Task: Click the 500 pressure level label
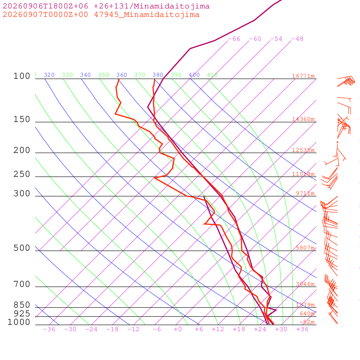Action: click(x=22, y=248)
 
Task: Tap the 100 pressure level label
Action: click(x=22, y=76)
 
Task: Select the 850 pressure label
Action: click(x=22, y=305)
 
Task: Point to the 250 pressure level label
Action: click(x=22, y=174)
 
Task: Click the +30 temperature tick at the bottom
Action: click(x=281, y=329)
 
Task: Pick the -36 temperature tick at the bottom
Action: click(x=49, y=329)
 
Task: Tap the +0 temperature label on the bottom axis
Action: click(x=178, y=329)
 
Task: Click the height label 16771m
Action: click(x=303, y=76)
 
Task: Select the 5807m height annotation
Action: click(x=305, y=248)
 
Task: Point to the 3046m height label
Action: click(x=305, y=284)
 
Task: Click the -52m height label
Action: click(x=307, y=322)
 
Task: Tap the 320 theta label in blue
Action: click(x=49, y=75)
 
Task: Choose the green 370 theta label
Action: click(x=140, y=75)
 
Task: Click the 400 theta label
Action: click(x=194, y=75)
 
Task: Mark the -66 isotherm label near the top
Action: click(x=234, y=39)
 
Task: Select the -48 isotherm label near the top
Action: click(x=297, y=39)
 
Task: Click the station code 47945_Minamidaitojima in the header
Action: click(x=147, y=15)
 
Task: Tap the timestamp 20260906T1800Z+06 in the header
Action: click(x=45, y=6)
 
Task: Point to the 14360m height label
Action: click(x=303, y=119)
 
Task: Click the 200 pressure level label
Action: click(x=22, y=150)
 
